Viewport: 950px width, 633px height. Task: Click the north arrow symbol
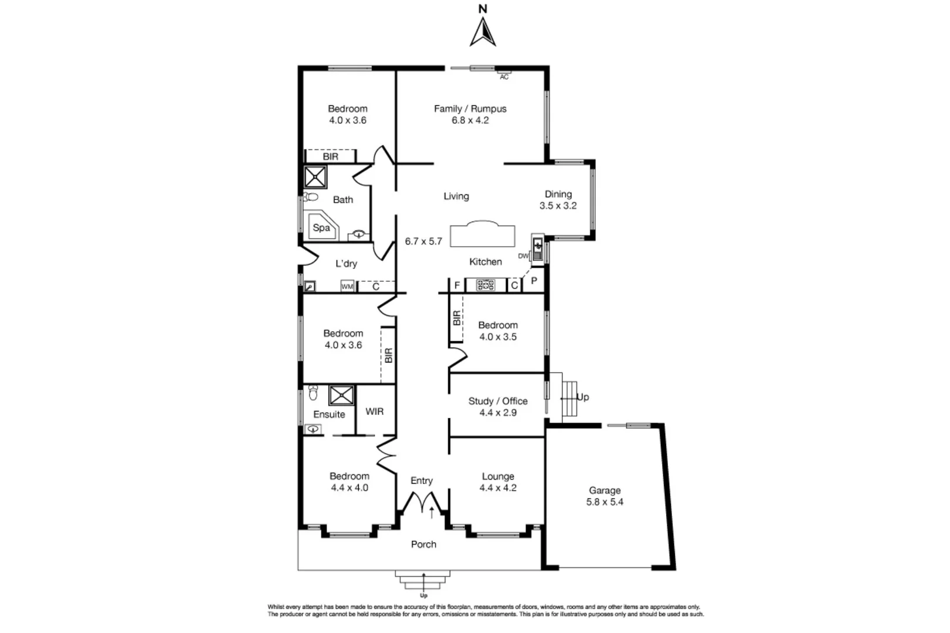(x=483, y=32)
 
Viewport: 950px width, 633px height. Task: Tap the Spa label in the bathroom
(x=321, y=227)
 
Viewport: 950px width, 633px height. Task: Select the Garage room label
(x=605, y=491)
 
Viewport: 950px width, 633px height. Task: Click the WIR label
(x=375, y=411)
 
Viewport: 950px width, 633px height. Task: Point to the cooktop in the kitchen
(x=486, y=285)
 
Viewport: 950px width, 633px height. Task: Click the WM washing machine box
(x=347, y=287)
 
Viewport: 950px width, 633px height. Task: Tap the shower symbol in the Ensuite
(x=341, y=395)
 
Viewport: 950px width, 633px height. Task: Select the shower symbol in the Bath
(x=315, y=177)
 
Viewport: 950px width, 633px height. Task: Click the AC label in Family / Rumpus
(x=504, y=77)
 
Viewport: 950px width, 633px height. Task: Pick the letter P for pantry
(x=534, y=281)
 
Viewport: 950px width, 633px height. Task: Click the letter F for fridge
(x=457, y=286)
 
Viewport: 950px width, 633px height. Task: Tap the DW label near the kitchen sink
(x=523, y=256)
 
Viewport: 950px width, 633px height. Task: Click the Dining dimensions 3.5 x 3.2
(x=558, y=206)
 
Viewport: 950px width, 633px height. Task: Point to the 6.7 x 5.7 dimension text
(x=423, y=241)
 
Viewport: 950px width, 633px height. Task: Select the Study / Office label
(x=498, y=401)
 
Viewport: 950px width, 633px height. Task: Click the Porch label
(x=423, y=544)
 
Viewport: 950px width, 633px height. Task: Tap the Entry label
(x=422, y=481)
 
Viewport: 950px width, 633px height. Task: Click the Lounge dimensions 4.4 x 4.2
(x=498, y=488)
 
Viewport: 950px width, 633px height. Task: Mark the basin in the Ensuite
(x=313, y=429)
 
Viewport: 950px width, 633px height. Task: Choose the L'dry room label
(x=346, y=264)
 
